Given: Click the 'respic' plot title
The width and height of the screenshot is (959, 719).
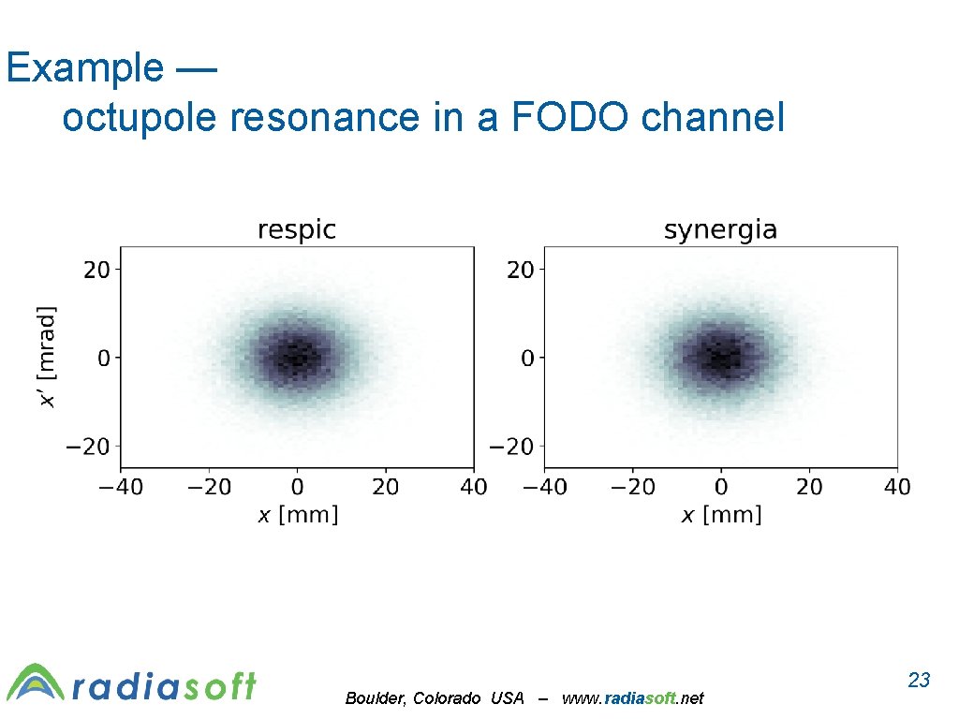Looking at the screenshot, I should point(297,229).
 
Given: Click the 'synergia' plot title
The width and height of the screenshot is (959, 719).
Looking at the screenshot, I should point(720,229).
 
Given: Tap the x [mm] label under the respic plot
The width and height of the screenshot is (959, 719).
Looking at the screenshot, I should point(297,515).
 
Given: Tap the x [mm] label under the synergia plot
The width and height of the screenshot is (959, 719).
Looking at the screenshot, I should point(720,515).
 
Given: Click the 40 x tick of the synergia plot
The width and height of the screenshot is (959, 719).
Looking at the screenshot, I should point(896,487).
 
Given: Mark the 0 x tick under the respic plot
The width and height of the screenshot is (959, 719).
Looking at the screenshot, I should point(297,487).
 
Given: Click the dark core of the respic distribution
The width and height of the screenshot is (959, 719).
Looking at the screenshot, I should point(297,357).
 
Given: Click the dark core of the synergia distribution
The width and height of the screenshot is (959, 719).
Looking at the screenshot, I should point(720,357).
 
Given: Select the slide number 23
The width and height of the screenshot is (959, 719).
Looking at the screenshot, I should point(919,680).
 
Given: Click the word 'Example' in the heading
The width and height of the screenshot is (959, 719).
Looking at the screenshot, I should point(83,67).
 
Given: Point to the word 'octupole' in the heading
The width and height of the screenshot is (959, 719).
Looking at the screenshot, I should point(136,117).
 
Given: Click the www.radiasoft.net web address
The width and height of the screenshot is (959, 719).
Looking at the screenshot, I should point(632,698).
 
